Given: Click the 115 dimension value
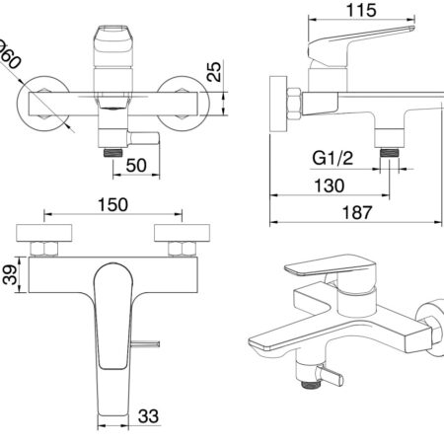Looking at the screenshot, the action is click(361, 10).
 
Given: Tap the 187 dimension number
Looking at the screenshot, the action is click(357, 212).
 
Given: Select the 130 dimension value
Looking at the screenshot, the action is click(330, 185).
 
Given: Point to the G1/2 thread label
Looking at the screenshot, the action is click(333, 158).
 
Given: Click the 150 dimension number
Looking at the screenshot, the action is click(112, 204).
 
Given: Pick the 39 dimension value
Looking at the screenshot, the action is click(10, 274).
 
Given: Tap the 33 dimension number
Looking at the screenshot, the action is click(148, 416).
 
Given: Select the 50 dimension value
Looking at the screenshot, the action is click(136, 165).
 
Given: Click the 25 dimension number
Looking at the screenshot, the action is click(214, 72).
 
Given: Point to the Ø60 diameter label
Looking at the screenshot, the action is click(8, 54).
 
